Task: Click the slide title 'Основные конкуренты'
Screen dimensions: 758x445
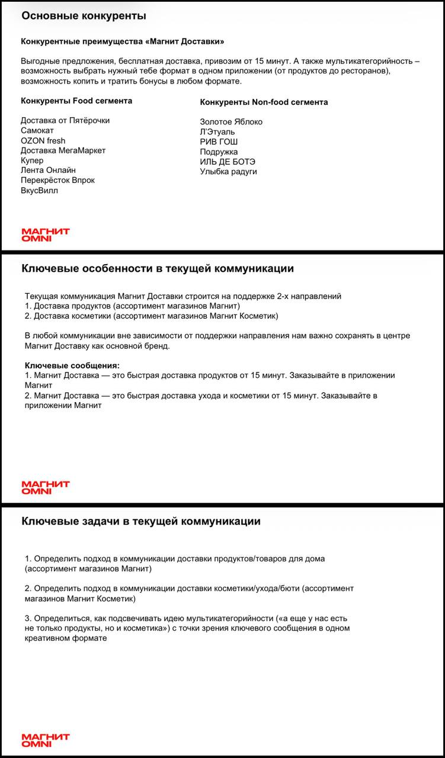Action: [84, 16]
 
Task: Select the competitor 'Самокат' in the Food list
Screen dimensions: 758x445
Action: [37, 130]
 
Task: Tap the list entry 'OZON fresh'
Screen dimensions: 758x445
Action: [43, 140]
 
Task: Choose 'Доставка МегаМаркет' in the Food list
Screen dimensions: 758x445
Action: [63, 150]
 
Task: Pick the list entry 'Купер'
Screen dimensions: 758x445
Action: [32, 160]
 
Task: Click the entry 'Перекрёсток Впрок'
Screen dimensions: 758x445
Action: [57, 180]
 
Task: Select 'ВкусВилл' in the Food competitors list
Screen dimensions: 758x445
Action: [40, 191]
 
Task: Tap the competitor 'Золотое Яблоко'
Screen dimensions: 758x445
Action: [231, 122]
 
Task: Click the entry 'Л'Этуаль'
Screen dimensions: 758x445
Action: [217, 132]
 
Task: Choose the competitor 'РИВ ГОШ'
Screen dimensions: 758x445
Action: [219, 142]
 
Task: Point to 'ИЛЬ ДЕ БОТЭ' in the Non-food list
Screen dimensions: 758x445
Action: [228, 162]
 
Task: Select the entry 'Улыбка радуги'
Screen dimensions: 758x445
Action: [228, 172]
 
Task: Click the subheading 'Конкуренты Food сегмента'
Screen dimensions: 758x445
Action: [76, 101]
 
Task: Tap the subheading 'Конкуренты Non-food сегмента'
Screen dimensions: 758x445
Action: [264, 102]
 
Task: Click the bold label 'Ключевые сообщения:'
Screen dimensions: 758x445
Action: [72, 366]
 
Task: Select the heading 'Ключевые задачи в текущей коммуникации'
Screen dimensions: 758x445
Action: [141, 522]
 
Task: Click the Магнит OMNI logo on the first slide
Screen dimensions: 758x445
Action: [46, 235]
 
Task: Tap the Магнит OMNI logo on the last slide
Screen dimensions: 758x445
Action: [46, 740]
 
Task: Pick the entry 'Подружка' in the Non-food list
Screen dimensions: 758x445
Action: [219, 152]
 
